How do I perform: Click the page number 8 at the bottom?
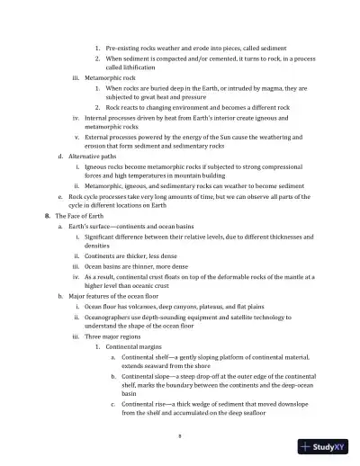[x=180, y=434]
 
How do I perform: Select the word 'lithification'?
[x=130, y=67]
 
